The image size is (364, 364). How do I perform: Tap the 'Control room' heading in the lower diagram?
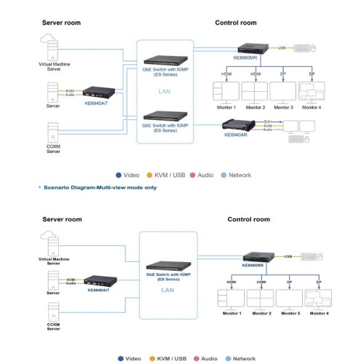248,218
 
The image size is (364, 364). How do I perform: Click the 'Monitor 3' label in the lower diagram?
288,313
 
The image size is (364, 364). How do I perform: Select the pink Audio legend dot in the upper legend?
194,175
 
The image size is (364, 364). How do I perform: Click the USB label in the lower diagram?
288,256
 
